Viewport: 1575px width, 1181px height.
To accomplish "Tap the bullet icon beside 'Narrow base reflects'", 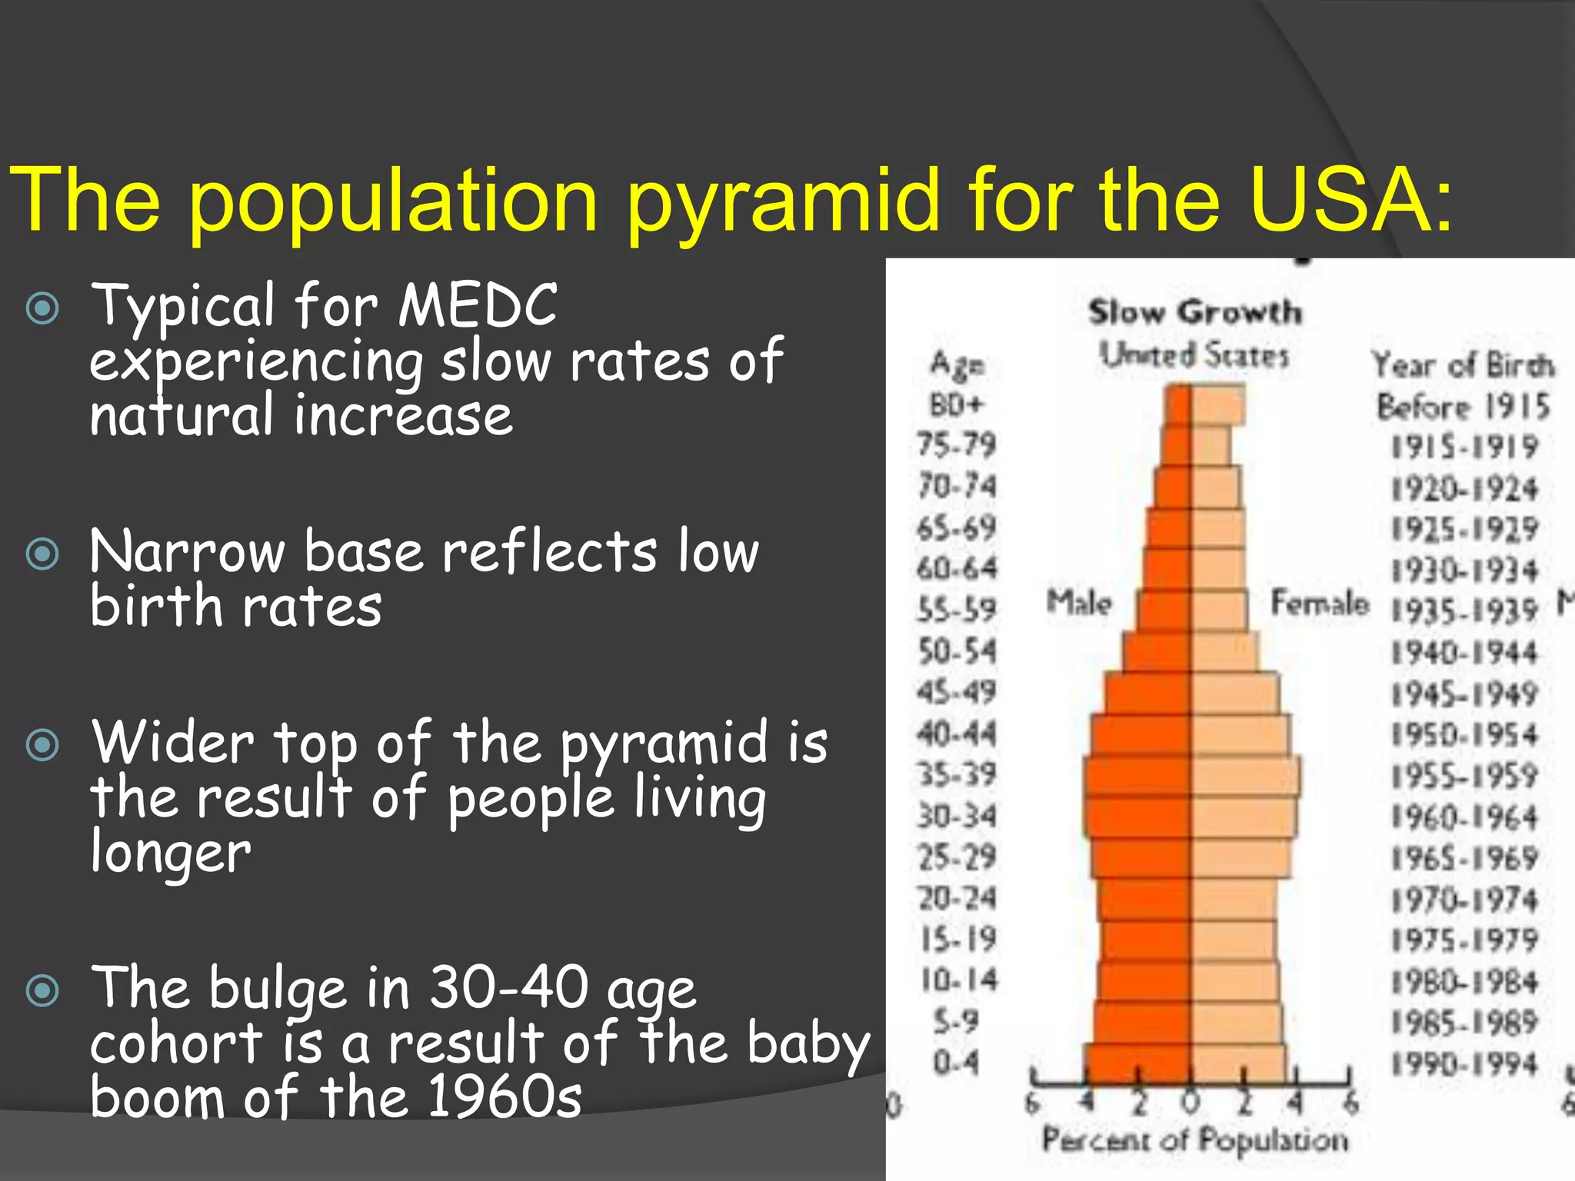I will tap(42, 554).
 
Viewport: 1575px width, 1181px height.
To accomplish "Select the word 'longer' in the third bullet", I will tap(170, 853).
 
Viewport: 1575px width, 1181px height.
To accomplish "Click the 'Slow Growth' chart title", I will tap(1195, 312).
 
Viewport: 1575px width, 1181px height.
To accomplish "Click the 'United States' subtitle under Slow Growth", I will tap(1194, 355).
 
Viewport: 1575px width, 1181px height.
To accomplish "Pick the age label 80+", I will tap(956, 404).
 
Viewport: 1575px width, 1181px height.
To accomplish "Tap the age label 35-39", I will tap(956, 774).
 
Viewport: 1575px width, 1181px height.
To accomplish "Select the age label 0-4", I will tap(956, 1063).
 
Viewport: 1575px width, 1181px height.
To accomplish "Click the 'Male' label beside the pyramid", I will tap(1079, 602).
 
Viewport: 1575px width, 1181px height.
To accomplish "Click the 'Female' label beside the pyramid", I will tap(1319, 602).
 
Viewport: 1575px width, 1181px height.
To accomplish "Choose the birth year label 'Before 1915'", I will tap(1463, 406).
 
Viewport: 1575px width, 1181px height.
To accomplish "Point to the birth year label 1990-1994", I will tap(1463, 1064).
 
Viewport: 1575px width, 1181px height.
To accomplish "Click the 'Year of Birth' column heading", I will tap(1463, 364).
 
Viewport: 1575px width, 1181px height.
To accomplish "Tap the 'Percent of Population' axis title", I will tap(1195, 1139).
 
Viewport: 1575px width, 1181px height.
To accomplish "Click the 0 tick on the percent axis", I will tap(1190, 1103).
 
